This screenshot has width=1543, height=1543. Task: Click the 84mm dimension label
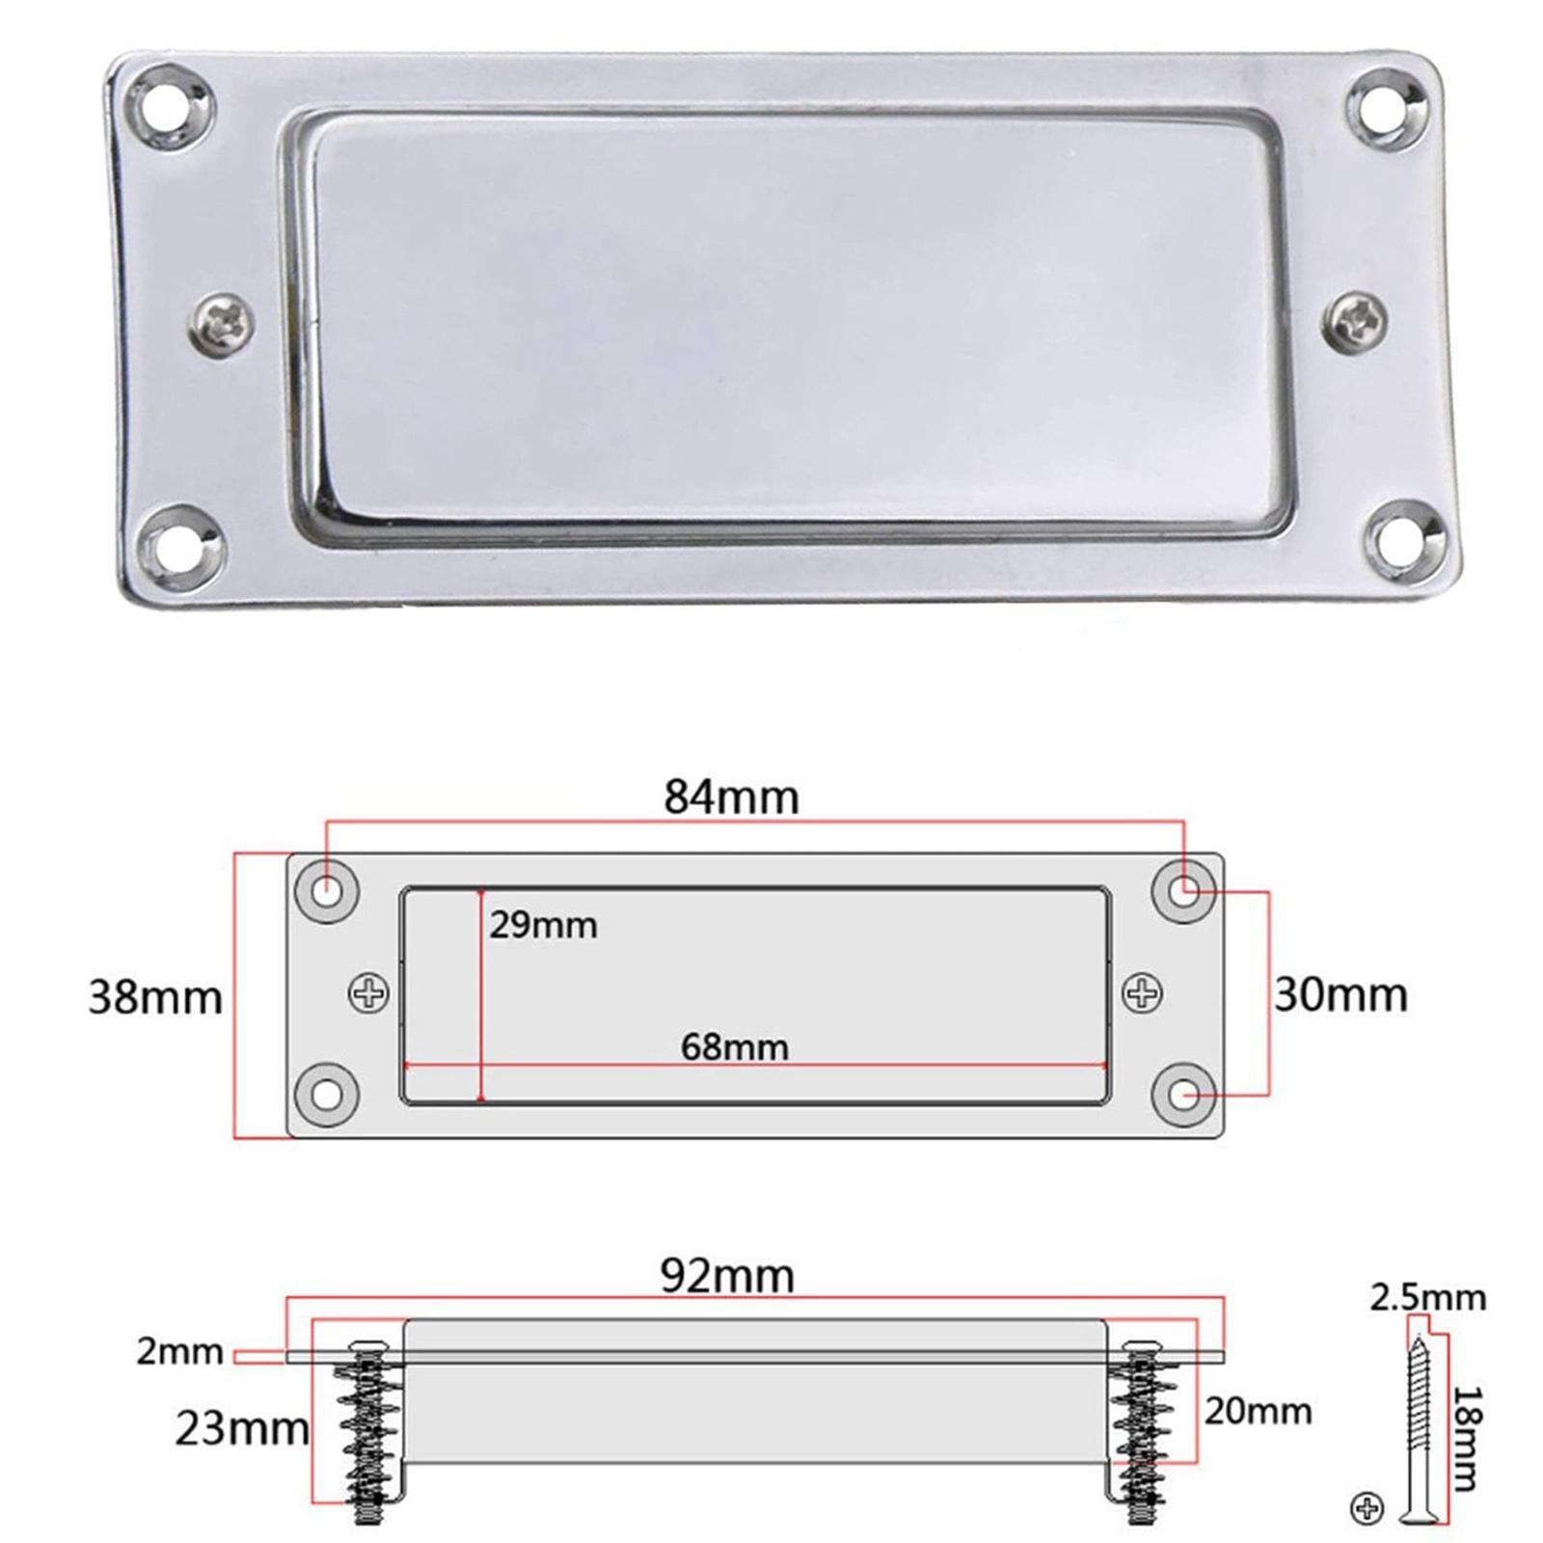(731, 798)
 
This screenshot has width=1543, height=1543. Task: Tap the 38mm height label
(155, 997)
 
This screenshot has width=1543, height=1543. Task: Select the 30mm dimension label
(1340, 995)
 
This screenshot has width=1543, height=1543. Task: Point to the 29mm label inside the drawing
(543, 926)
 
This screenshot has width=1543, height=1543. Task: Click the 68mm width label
(734, 1047)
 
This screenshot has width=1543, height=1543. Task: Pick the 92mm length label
(727, 1277)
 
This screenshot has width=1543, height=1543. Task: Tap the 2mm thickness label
(179, 1352)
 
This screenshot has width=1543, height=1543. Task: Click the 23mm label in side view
(241, 1429)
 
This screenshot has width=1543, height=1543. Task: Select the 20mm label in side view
(1258, 1412)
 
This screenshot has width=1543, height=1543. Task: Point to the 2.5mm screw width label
(1427, 1298)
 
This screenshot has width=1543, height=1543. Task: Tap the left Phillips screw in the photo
(221, 322)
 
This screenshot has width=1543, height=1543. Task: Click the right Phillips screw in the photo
(1356, 320)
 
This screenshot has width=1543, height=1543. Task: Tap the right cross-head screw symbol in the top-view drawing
(1143, 993)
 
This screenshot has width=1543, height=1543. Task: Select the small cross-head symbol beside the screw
(1367, 1507)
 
